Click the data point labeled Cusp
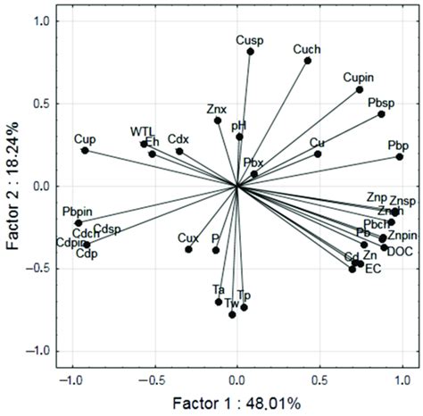click(x=251, y=52)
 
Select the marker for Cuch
click(x=307, y=61)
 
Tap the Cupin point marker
click(x=360, y=89)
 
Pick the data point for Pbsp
click(x=381, y=114)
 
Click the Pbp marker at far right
click(x=400, y=157)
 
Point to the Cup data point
click(x=85, y=151)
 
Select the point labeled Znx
click(x=217, y=121)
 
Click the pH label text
click(x=238, y=125)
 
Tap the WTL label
click(x=142, y=130)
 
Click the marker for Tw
click(x=232, y=314)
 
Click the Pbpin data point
click(x=79, y=222)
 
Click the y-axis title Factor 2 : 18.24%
click(x=12, y=186)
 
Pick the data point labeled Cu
click(x=318, y=154)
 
